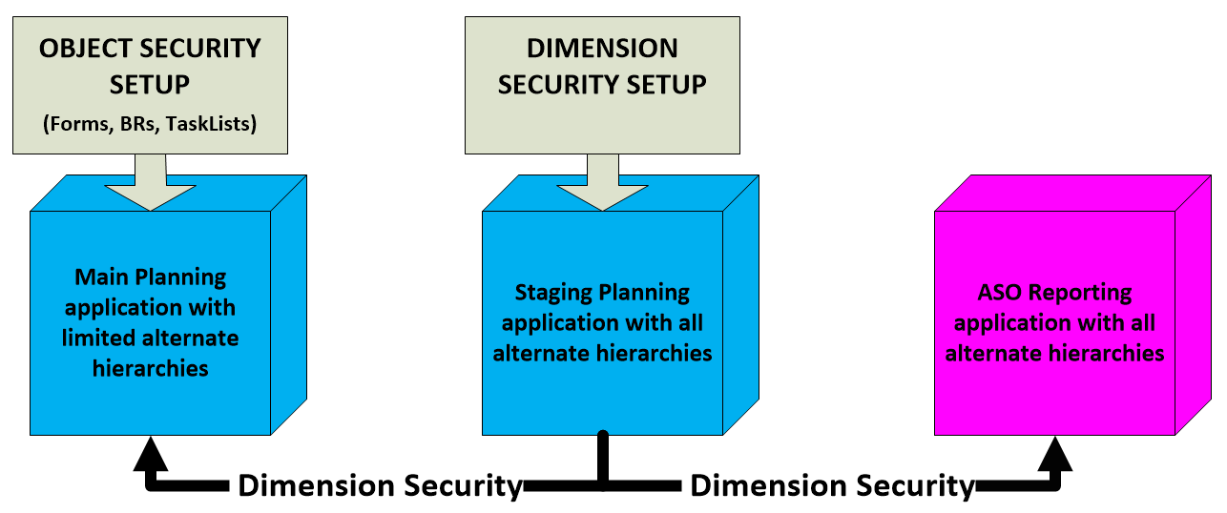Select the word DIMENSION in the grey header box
(x=602, y=49)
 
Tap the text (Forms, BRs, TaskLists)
(x=149, y=123)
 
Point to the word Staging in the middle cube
(x=552, y=292)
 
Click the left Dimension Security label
(x=380, y=485)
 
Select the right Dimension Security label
(x=832, y=485)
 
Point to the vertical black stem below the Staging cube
(x=602, y=458)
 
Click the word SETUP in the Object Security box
(x=149, y=84)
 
